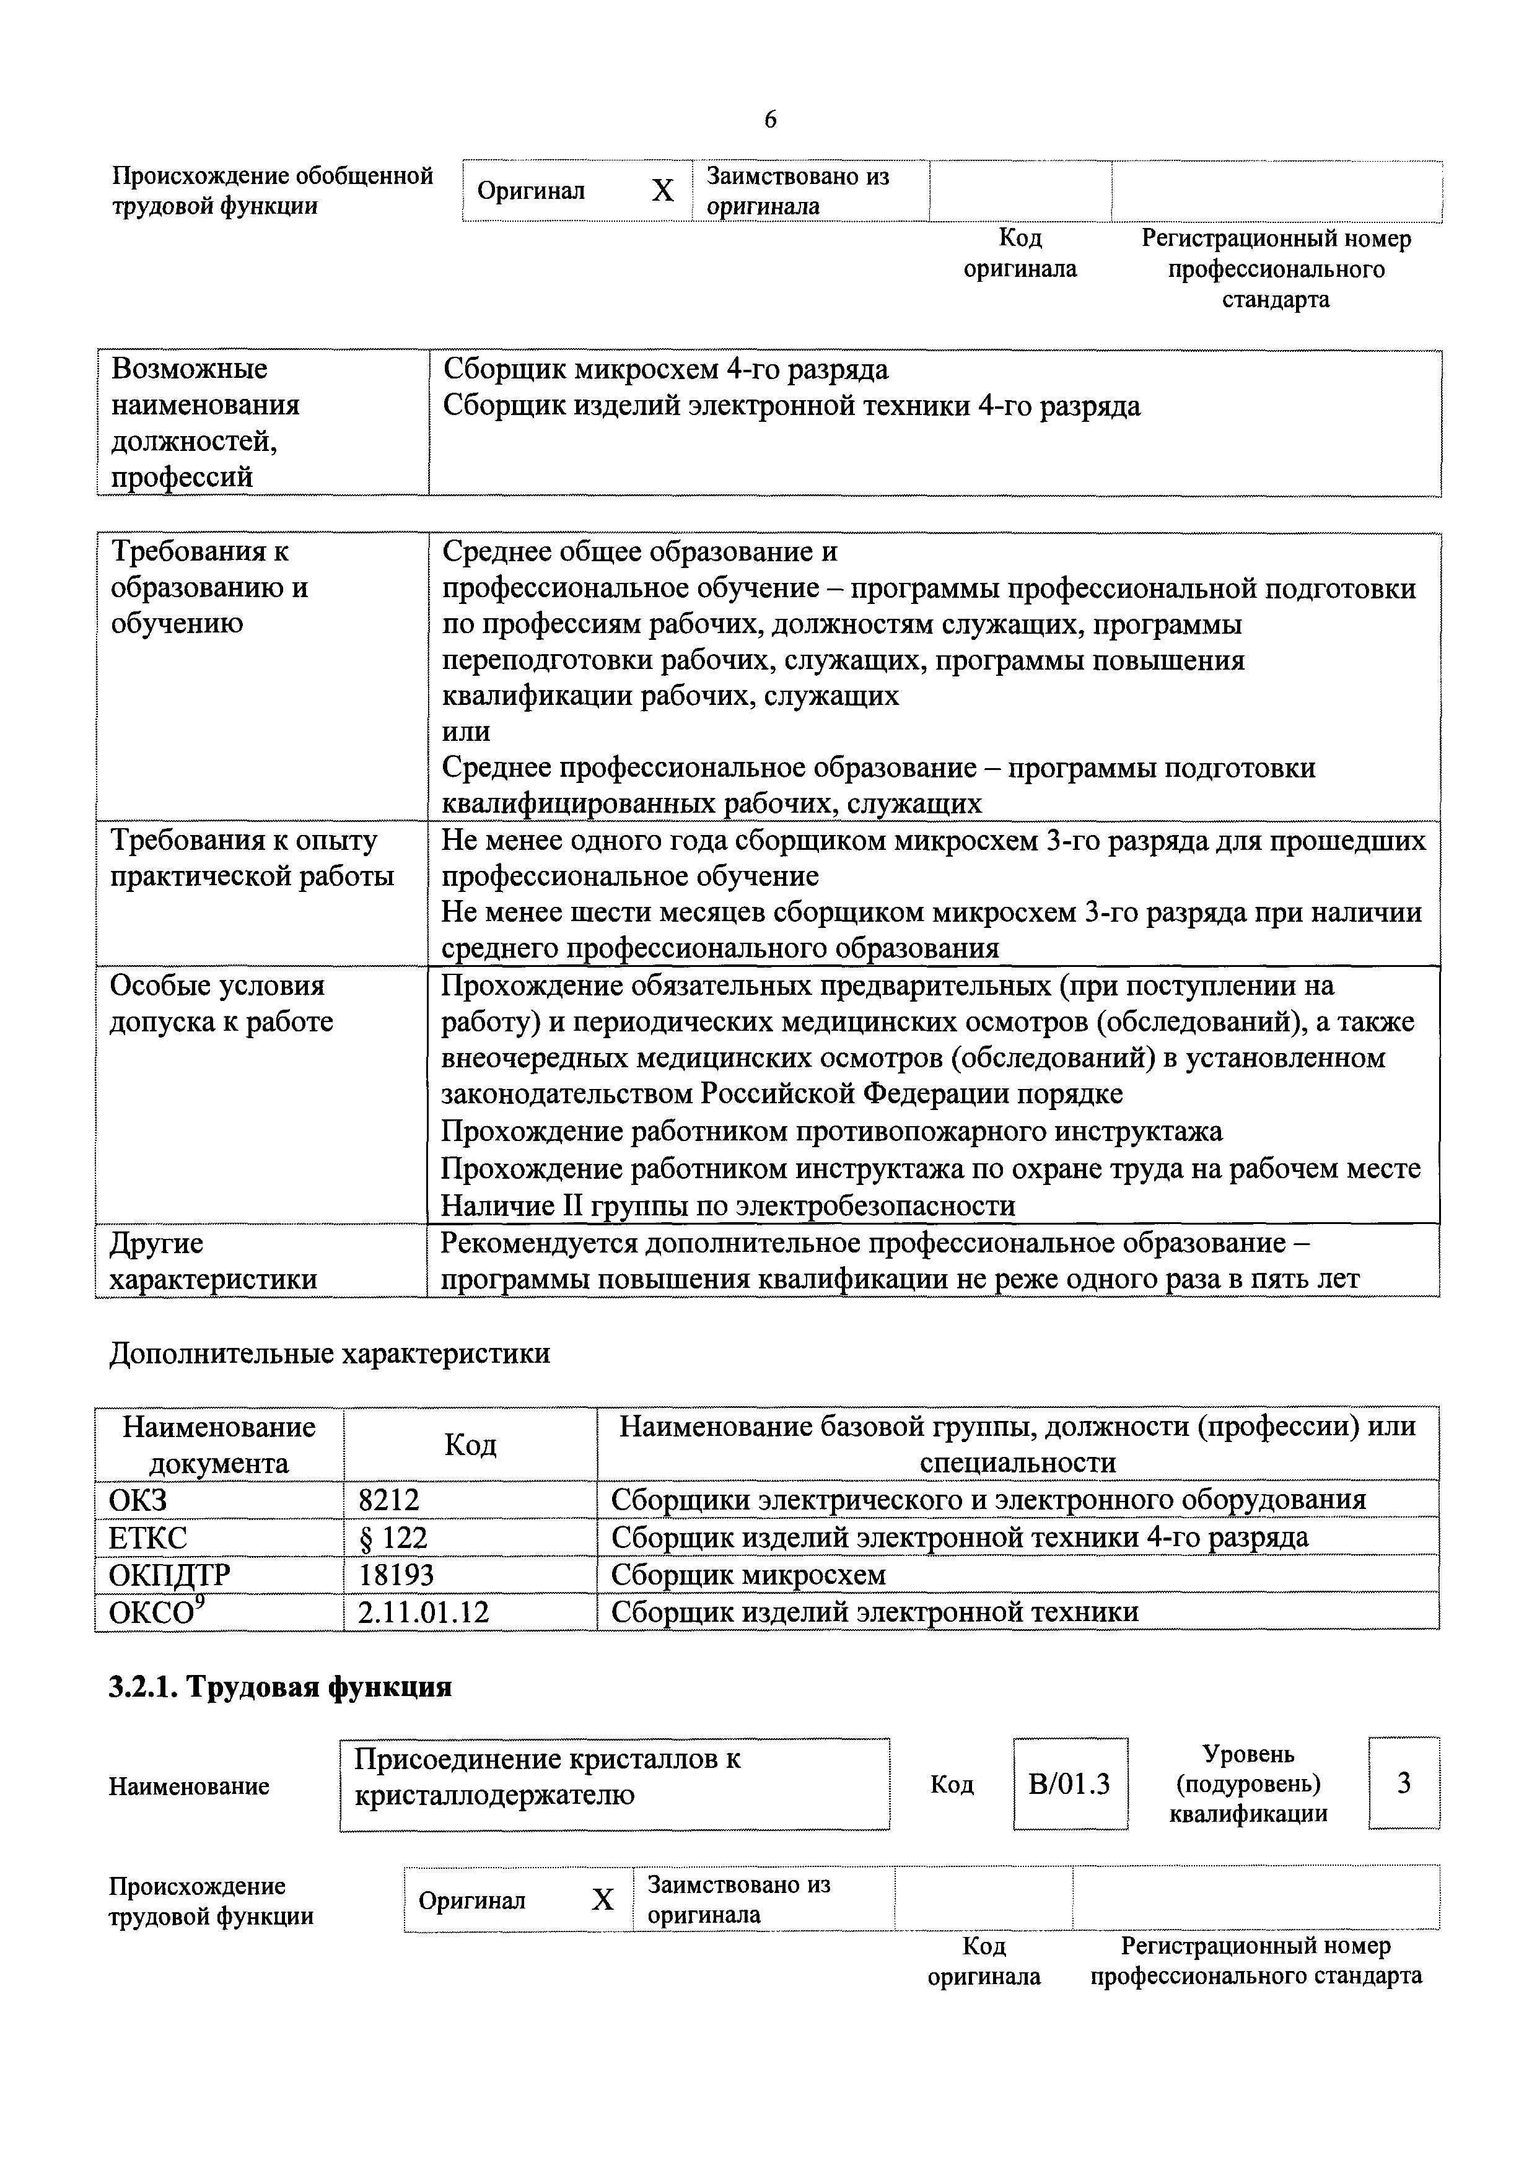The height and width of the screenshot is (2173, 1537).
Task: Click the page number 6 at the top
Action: click(x=769, y=120)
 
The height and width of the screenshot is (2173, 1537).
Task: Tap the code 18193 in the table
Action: click(x=396, y=1575)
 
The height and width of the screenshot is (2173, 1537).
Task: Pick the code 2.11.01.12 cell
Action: click(x=423, y=1612)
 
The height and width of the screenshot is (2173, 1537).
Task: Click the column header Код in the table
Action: click(x=470, y=1445)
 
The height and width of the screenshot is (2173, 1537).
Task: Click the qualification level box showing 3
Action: click(x=1404, y=1783)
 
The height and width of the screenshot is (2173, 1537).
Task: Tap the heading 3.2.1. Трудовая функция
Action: click(x=280, y=1687)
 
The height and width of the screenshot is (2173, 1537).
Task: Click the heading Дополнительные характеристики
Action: click(x=330, y=1353)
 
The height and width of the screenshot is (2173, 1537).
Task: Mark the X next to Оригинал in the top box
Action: click(x=662, y=191)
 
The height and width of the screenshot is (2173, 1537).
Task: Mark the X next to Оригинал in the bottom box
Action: click(x=603, y=1899)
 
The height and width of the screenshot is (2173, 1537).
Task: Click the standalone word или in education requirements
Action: click(x=466, y=732)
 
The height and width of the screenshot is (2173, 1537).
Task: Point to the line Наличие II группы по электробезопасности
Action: click(x=728, y=1206)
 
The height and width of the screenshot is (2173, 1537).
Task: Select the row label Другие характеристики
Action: click(x=213, y=1261)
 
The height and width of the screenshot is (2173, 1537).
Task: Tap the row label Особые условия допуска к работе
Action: click(x=221, y=1003)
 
